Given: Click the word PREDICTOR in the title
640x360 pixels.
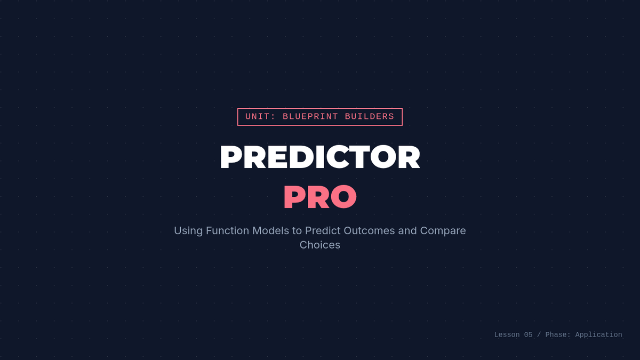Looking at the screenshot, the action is (320, 157).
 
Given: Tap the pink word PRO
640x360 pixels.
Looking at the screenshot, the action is (320, 197).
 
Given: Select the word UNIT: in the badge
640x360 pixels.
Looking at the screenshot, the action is (260, 117).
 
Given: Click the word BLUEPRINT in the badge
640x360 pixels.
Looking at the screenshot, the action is (310, 117).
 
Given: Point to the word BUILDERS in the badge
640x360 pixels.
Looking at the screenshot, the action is (370, 117).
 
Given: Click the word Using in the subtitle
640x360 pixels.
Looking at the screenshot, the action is (188, 231).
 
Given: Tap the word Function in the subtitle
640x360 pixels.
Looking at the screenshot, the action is (227, 230).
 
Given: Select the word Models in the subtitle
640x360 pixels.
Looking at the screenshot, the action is (270, 230).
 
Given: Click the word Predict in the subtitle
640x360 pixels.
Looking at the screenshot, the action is (323, 230).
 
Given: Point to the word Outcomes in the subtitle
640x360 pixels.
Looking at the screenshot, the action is (369, 230).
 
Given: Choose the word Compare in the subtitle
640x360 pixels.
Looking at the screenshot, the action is (443, 231).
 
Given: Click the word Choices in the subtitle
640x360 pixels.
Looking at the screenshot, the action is (320, 245).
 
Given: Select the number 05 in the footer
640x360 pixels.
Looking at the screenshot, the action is (529, 334).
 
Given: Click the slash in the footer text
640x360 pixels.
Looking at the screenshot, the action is (539, 334).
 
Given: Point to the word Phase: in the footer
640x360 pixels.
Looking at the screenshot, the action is (558, 334).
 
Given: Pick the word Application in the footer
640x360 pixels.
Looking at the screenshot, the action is (598, 335).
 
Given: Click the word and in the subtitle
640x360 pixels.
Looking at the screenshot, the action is (407, 230).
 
